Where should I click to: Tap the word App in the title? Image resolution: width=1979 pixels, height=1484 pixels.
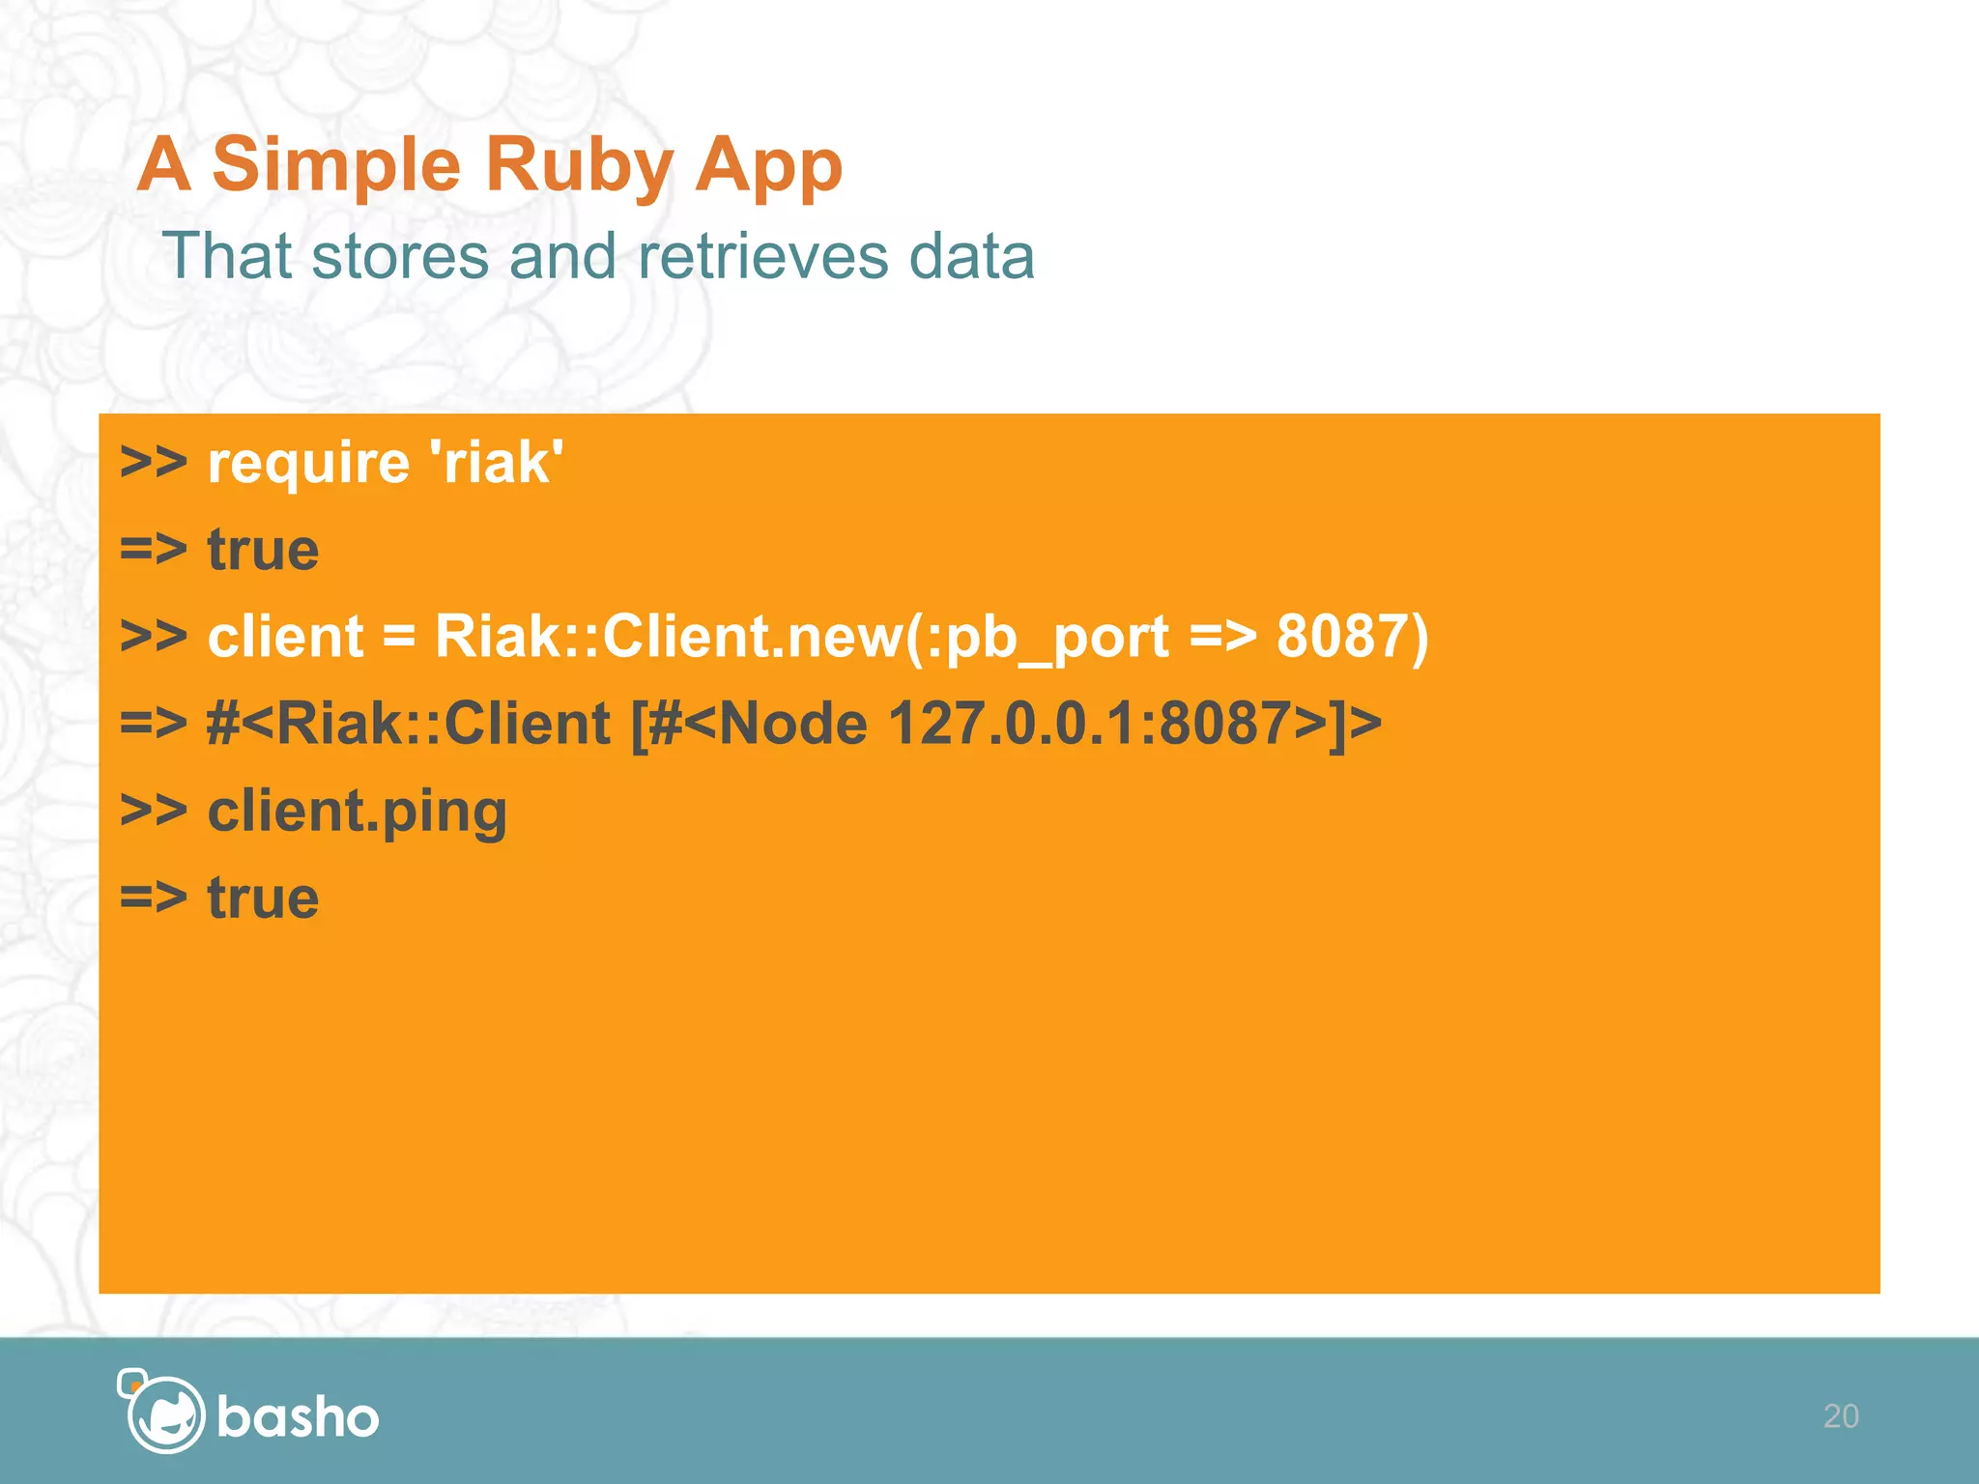(x=768, y=166)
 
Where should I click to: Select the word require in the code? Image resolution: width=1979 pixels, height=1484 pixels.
(x=308, y=464)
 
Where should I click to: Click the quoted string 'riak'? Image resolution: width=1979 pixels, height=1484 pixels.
(x=502, y=462)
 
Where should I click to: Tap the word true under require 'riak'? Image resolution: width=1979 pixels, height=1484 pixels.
(x=263, y=550)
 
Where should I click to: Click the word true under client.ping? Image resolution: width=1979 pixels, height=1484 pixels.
(x=263, y=898)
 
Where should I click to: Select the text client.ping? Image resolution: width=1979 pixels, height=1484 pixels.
(x=357, y=812)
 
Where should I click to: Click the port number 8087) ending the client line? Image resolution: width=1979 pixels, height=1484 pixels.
(x=1352, y=637)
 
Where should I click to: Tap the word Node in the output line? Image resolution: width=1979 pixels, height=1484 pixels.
(x=793, y=724)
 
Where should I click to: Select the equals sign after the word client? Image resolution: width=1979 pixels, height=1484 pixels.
(x=398, y=638)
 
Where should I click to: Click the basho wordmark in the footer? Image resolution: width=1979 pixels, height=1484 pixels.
(x=298, y=1417)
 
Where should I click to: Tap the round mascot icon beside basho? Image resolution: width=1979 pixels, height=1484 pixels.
(x=164, y=1413)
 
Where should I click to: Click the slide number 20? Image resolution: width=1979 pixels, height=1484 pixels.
(x=1840, y=1416)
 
